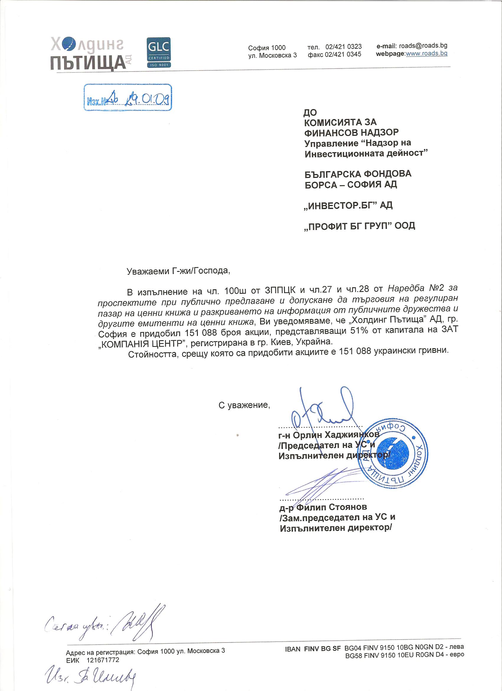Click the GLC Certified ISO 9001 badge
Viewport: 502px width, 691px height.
pyautogui.click(x=159, y=52)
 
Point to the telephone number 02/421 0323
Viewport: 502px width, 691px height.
pyautogui.click(x=343, y=47)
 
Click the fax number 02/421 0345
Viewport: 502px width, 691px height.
pyautogui.click(x=343, y=54)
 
